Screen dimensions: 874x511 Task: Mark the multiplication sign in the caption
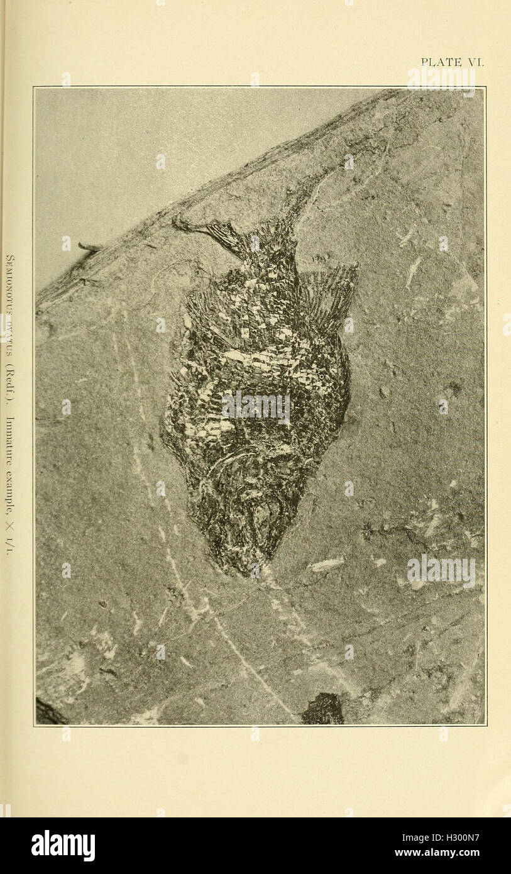tap(10, 527)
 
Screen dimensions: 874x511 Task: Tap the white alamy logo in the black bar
tap(63, 846)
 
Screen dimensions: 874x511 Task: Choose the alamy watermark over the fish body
tap(256, 407)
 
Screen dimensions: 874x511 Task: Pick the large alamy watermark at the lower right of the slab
tap(441, 571)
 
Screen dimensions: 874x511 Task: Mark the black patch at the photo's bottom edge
tap(323, 709)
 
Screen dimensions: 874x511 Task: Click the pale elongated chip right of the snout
tap(326, 564)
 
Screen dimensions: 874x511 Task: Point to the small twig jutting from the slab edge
tap(90, 247)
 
